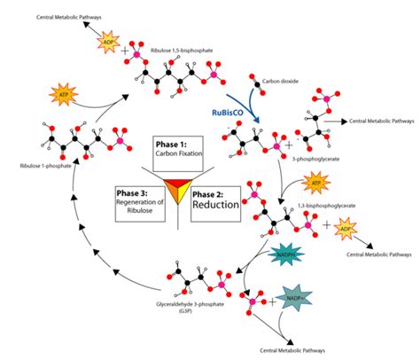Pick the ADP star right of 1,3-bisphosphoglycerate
[355, 227]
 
